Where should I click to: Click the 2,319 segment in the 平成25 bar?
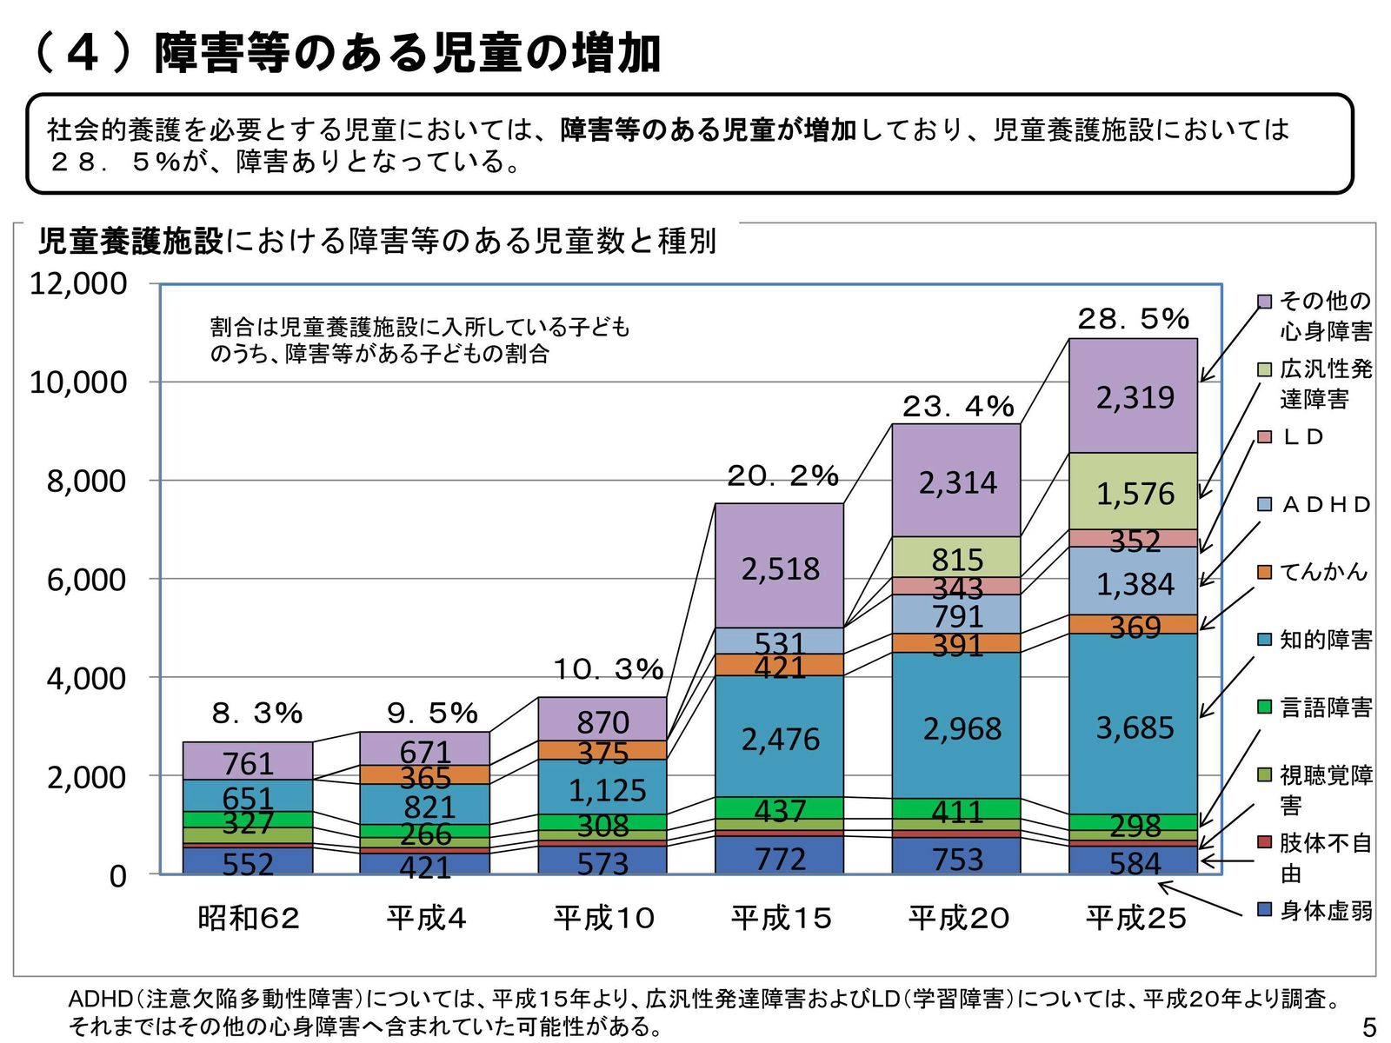[1134, 397]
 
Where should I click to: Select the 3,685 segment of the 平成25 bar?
[1134, 727]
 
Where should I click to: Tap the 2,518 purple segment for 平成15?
[780, 568]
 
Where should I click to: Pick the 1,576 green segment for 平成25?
[1134, 493]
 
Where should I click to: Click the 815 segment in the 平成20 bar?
[956, 558]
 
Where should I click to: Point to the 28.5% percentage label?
[1133, 319]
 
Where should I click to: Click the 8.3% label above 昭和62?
[257, 714]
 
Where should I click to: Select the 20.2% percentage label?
[782, 475]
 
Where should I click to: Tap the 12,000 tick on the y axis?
[78, 283]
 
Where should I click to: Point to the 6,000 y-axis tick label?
[86, 580]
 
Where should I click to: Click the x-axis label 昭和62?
[249, 918]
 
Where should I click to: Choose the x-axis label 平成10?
[604, 918]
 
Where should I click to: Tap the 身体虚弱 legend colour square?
[1265, 909]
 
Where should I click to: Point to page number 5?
[1369, 1028]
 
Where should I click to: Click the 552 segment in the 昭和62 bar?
[248, 862]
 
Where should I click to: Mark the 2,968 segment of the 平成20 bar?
[956, 728]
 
